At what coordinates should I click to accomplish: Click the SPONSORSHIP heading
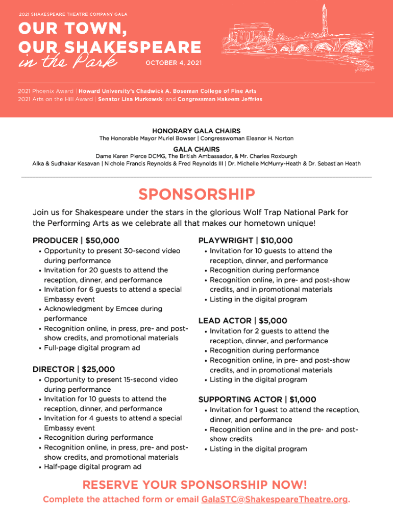[196, 195]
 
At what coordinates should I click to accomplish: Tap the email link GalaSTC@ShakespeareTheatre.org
[275, 500]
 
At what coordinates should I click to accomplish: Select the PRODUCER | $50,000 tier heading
[76, 241]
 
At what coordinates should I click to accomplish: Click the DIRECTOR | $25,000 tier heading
[73, 369]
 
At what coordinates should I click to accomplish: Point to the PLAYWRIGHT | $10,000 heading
[245, 241]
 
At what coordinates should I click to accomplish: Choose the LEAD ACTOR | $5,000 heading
[242, 321]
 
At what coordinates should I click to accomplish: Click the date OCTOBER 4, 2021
[174, 63]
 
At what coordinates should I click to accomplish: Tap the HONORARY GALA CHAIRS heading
[196, 131]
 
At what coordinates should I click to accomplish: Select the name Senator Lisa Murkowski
[131, 99]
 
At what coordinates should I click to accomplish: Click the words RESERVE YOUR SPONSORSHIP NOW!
[195, 485]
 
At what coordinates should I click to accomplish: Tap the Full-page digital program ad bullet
[92, 348]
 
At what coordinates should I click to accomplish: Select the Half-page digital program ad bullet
[93, 467]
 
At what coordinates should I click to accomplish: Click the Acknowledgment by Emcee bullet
[103, 309]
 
